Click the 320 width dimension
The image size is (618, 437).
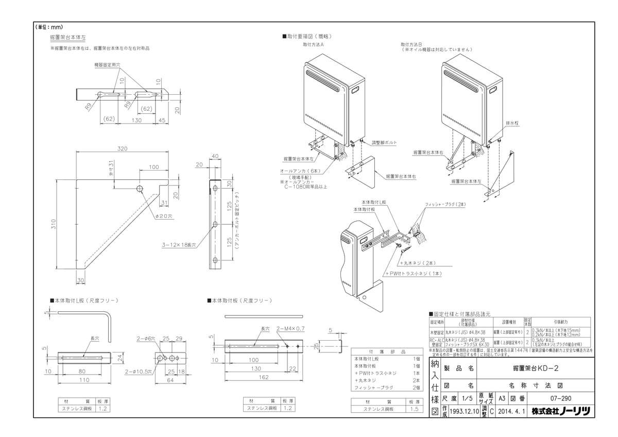122,148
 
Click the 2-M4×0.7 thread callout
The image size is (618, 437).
290,328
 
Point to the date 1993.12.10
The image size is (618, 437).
464,411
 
